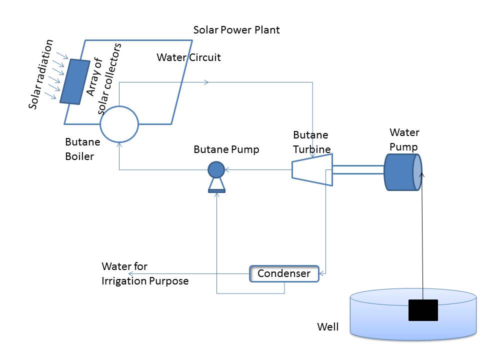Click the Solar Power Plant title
point(236,30)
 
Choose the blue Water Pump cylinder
point(402,172)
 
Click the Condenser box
point(283,273)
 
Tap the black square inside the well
point(423,310)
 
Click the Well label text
point(328,327)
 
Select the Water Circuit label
point(188,57)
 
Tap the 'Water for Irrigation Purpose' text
point(144,273)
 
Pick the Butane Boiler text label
point(82,148)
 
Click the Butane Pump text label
point(226,149)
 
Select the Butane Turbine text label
point(311,142)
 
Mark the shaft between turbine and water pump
point(358,170)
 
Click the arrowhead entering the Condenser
point(322,273)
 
